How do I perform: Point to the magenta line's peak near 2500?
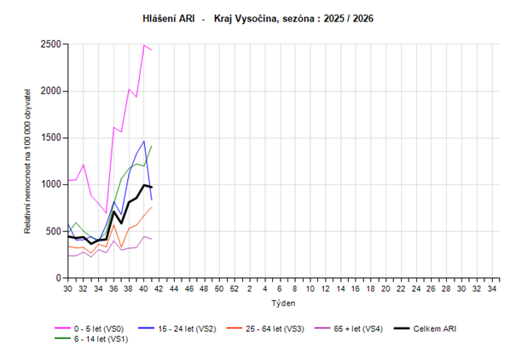144,44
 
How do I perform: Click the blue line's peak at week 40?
144,141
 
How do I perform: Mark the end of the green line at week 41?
152,145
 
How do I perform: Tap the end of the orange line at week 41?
152,207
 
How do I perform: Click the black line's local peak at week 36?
114,212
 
